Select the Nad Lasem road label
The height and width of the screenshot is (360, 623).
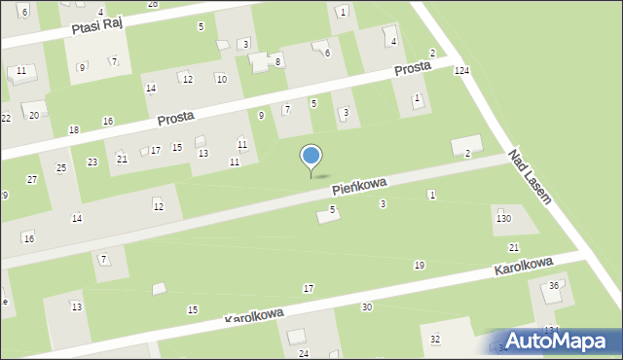click(530, 176)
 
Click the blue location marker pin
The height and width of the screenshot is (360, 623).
click(311, 159)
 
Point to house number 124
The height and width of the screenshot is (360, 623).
click(461, 71)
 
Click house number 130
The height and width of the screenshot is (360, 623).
click(503, 218)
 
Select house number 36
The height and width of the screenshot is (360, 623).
click(554, 285)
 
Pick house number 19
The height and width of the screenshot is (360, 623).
click(420, 266)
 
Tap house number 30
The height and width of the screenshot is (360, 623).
click(366, 307)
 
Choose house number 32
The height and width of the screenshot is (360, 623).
click(435, 339)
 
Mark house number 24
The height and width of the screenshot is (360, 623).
click(304, 352)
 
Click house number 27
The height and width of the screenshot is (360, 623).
click(32, 180)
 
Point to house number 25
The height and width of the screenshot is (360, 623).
click(61, 168)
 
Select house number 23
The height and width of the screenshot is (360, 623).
click(92, 162)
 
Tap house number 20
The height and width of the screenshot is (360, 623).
click(34, 115)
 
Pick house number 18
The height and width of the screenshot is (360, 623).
click(74, 129)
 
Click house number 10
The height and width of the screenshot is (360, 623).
click(222, 79)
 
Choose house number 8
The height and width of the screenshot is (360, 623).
click(278, 61)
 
